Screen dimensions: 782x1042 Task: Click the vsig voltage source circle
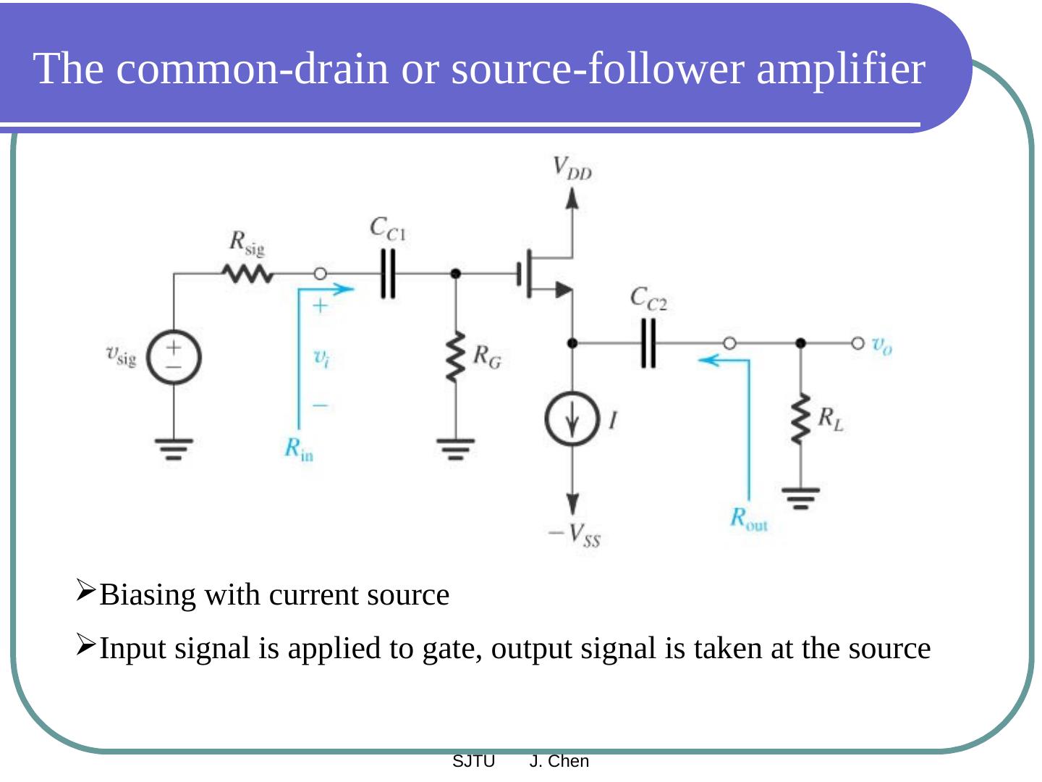click(x=174, y=356)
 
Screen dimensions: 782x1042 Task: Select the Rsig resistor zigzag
click(x=247, y=274)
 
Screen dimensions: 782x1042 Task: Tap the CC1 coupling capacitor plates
click(x=389, y=274)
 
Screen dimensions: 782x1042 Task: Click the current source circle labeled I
click(x=572, y=419)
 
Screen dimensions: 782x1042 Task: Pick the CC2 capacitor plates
click(x=648, y=343)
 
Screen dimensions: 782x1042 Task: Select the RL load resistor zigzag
click(x=800, y=419)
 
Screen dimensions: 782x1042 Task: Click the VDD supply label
click(x=571, y=168)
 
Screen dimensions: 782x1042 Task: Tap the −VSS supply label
click(x=575, y=536)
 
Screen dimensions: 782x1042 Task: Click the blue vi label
click(x=321, y=357)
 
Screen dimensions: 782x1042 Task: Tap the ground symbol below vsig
click(x=174, y=448)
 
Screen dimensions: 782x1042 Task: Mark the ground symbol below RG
click(x=455, y=448)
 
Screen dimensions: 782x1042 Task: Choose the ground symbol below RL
click(x=800, y=498)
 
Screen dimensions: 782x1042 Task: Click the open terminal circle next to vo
click(x=857, y=343)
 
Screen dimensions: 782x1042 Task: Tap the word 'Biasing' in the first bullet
click(x=148, y=595)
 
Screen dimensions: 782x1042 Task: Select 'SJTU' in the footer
click(x=473, y=761)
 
